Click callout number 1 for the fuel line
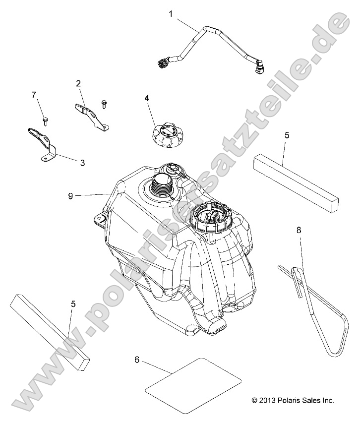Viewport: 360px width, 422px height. coord(171,14)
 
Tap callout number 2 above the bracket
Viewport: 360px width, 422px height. coord(78,83)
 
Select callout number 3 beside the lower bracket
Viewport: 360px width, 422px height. coord(82,163)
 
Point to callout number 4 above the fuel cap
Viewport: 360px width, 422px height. coord(147,98)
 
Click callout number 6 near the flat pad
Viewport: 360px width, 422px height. coord(137,360)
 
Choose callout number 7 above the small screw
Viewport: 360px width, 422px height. coord(34,95)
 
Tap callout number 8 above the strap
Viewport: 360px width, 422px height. coord(299,230)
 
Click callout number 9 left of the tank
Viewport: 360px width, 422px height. coord(70,196)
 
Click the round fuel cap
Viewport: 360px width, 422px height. coord(165,137)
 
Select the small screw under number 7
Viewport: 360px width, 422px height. coord(45,121)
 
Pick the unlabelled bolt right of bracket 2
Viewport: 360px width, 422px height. coord(104,104)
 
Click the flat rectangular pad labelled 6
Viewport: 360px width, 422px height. coord(193,385)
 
